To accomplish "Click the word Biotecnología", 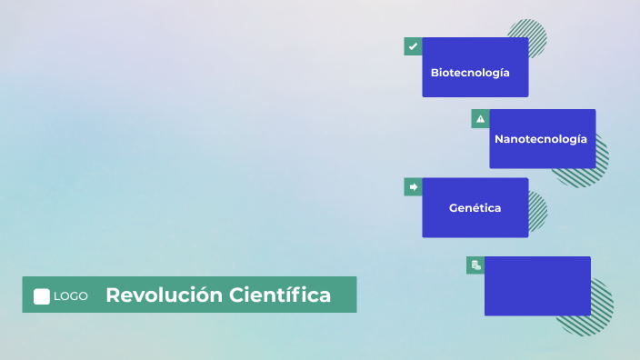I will (470, 72).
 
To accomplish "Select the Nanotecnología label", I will (541, 139).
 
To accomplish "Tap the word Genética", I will (475, 208).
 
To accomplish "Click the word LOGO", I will (71, 296).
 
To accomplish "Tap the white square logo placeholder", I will (42, 296).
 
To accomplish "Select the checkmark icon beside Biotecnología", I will (413, 46).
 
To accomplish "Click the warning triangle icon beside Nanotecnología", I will (480, 118).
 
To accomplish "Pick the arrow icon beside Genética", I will (413, 186).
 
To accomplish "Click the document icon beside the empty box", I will (475, 265).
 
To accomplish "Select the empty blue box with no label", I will (537, 286).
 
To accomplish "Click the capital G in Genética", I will (454, 208).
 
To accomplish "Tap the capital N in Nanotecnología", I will (499, 139).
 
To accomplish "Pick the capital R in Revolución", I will (113, 295).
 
